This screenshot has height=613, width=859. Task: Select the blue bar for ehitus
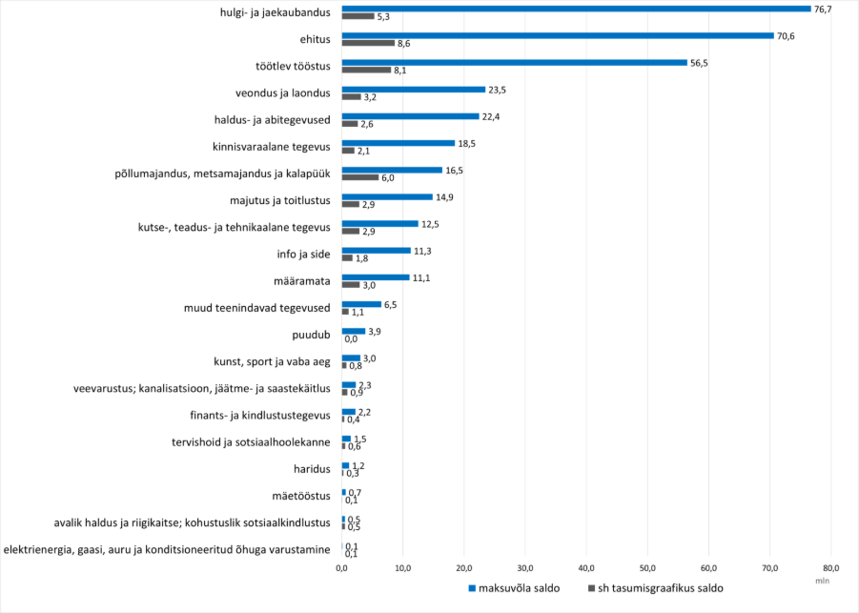(558, 35)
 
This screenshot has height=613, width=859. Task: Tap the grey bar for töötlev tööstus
(366, 70)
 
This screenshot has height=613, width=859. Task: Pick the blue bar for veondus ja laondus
(414, 89)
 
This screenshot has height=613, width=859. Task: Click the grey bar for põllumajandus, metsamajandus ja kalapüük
(360, 177)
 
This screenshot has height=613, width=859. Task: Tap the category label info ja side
(303, 255)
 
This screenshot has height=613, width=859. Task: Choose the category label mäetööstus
(300, 496)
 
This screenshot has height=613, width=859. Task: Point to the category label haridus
(311, 469)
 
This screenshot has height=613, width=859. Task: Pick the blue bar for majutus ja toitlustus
(387, 196)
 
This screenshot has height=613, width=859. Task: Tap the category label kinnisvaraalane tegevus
(271, 147)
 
